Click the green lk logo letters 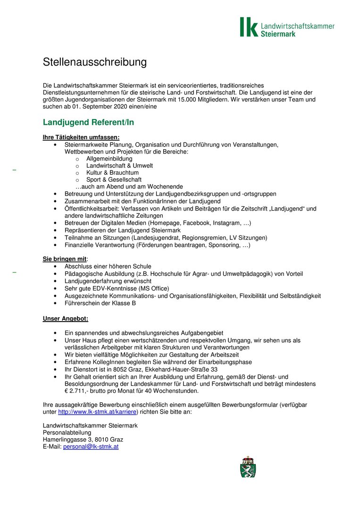249,27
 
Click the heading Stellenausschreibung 95,62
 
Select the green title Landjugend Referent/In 88,123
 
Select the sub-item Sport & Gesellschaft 114,180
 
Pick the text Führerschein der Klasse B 100,303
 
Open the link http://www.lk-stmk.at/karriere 97,412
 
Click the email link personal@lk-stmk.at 91,446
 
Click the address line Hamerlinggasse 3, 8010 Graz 83,440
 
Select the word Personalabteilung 67,433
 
